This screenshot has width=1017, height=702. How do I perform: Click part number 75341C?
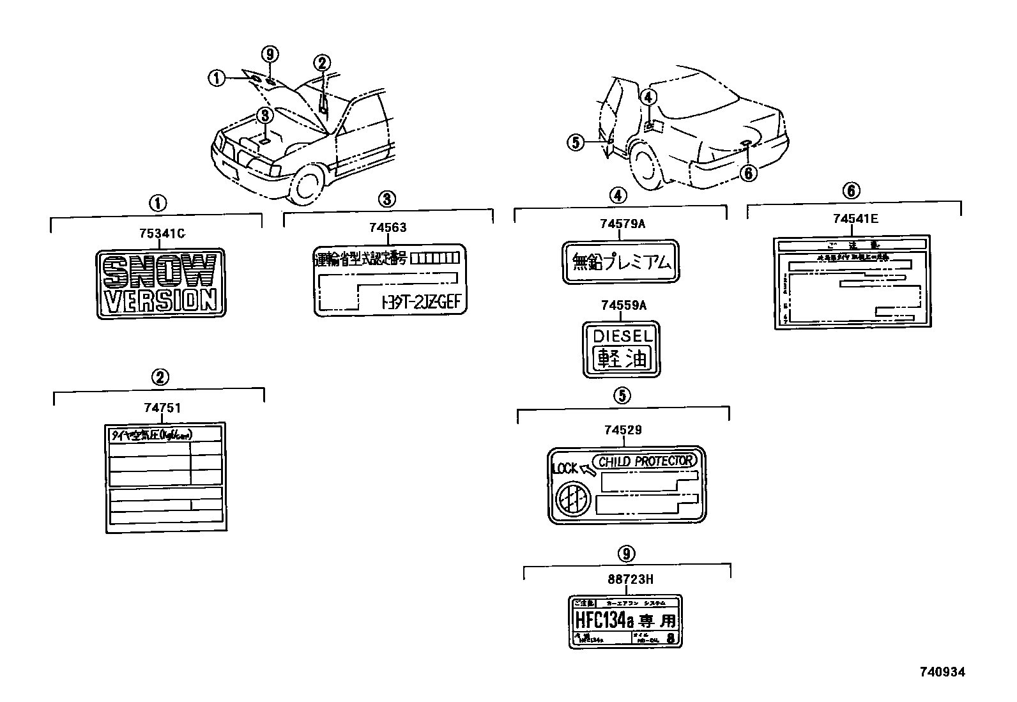coord(162,234)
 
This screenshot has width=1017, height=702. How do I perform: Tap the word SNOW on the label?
coord(159,271)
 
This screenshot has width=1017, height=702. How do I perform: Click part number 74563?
coord(387,227)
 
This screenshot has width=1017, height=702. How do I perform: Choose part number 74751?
coord(159,408)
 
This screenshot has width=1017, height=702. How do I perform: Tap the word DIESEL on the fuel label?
coord(622,335)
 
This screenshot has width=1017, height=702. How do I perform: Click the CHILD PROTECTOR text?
coord(645,461)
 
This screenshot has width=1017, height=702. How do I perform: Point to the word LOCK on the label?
coord(565,468)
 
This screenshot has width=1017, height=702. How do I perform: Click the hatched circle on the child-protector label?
coord(572,498)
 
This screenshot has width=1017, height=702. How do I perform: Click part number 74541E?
coord(855,219)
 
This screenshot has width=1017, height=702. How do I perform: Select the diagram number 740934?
coord(942,672)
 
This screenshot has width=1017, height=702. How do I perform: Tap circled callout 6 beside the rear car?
coord(749,172)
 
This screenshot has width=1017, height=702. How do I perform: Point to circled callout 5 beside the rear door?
coord(576,142)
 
